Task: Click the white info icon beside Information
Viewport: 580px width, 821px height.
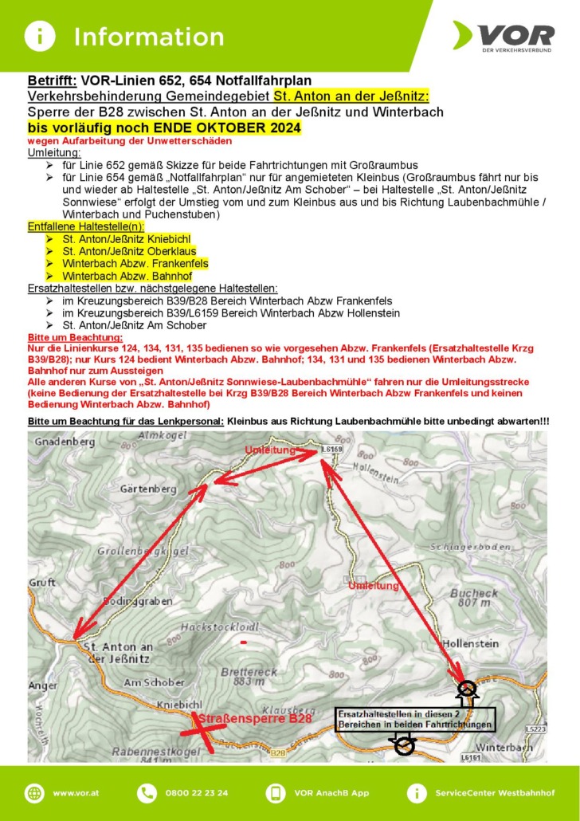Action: (x=39, y=36)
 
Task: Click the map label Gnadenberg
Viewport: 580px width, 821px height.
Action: (x=60, y=441)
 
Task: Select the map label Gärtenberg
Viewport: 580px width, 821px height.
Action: (x=147, y=488)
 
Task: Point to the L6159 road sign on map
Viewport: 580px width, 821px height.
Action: (x=331, y=450)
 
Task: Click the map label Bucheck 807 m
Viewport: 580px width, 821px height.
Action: (x=473, y=599)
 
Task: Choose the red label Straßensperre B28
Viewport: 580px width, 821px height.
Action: (x=253, y=719)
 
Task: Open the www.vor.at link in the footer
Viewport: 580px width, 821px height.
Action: (x=75, y=793)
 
